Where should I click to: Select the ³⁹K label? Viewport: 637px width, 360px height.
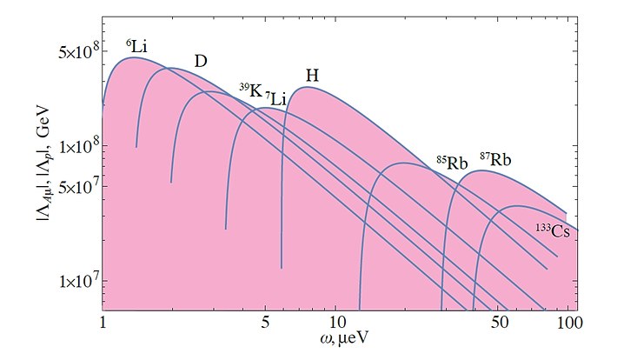coord(251,90)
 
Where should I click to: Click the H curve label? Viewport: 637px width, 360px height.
coord(311,76)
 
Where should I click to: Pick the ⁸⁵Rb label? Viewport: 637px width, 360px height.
coord(452,163)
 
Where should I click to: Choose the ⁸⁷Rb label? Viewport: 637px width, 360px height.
coord(495,160)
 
